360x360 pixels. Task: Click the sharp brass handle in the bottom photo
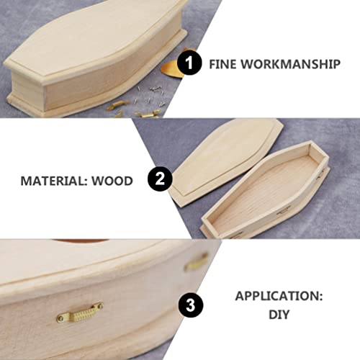point(80,310)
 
